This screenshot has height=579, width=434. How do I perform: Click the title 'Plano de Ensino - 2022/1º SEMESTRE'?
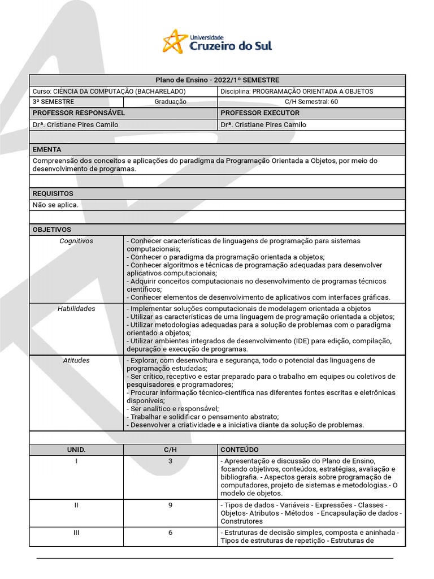coord(217,80)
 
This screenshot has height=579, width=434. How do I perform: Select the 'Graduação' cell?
coord(170,102)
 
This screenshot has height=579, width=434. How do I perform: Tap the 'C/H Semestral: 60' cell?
coord(311,102)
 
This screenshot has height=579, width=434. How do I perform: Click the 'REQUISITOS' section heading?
coord(53,193)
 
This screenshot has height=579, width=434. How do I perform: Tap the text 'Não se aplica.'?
coord(55,205)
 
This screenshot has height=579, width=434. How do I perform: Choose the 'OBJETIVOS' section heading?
coord(52,230)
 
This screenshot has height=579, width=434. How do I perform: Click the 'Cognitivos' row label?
coord(76,241)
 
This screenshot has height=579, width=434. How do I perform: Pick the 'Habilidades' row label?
coord(76,309)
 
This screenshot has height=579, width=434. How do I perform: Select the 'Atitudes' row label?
coord(76,360)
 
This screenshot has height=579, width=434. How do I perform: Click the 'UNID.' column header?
coord(76,450)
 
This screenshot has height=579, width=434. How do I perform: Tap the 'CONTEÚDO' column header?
coord(240,450)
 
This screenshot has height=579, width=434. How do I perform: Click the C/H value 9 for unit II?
coord(170,505)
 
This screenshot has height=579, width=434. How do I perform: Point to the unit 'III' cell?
coord(76,533)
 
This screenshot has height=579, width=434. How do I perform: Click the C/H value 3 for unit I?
coord(170,461)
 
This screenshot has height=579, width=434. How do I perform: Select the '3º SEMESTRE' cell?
coord(54,102)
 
